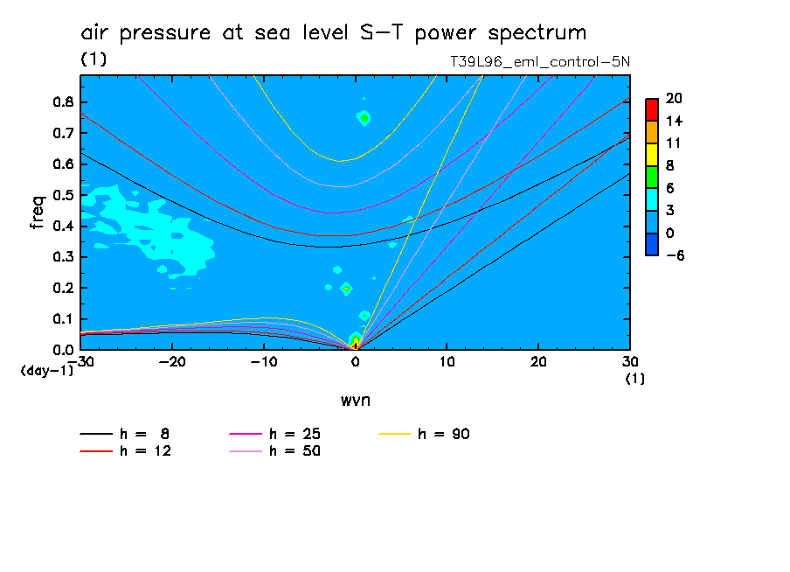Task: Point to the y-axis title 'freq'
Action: click(38, 212)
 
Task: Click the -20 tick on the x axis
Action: click(172, 362)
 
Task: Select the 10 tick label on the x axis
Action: click(447, 362)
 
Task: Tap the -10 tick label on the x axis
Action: click(263, 362)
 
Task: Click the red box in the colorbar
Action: click(651, 109)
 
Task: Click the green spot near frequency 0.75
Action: click(364, 117)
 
